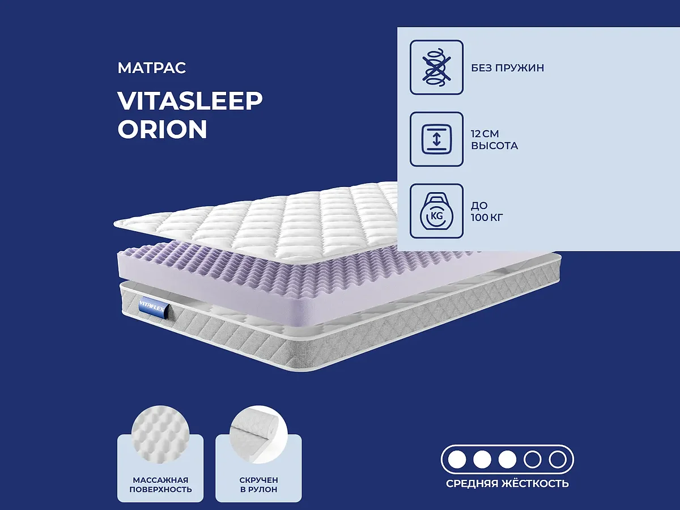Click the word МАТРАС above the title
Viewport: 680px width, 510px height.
tap(152, 69)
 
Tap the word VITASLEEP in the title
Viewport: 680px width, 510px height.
tap(190, 101)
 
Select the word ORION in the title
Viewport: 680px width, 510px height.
tap(162, 130)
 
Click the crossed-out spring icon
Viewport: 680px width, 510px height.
tap(436, 67)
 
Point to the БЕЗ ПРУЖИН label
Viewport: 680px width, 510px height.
tap(507, 68)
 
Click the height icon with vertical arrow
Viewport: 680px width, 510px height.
tap(436, 139)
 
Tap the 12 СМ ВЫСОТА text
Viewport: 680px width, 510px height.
tap(494, 139)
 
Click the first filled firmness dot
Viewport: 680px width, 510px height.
tap(457, 459)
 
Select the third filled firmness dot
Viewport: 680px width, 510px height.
tap(507, 459)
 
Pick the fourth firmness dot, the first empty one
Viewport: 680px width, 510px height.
tap(533, 459)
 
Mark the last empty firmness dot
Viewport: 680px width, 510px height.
tap(558, 459)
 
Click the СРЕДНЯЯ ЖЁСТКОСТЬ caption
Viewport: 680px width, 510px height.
tap(507, 484)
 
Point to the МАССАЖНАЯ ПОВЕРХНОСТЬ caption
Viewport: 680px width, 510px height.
tap(160, 484)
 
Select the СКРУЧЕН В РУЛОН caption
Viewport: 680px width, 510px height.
tap(258, 484)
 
